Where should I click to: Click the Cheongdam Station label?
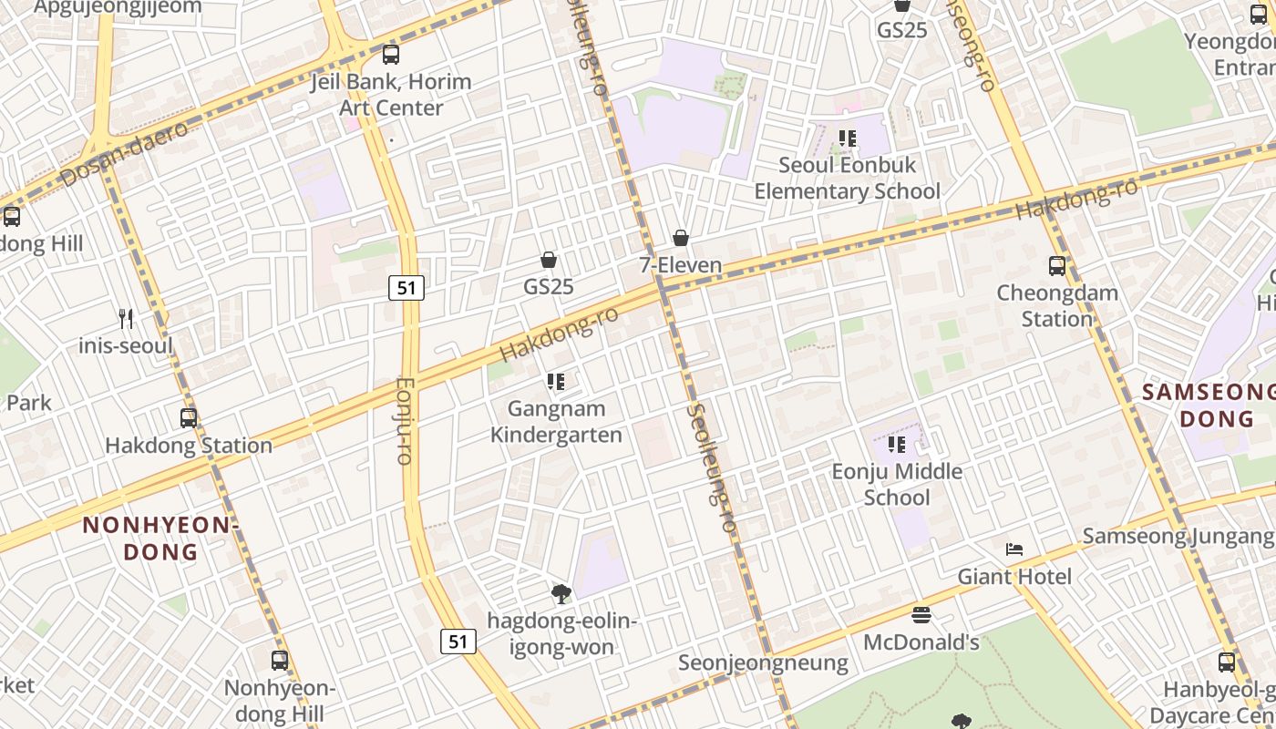[1056, 306]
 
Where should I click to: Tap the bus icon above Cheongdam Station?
[1057, 266]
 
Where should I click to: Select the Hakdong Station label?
[189, 446]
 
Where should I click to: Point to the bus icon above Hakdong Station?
[189, 418]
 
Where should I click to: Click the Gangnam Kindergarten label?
[556, 422]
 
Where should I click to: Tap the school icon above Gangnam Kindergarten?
[556, 381]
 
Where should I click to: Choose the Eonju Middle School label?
[897, 484]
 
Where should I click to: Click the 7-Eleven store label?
[680, 266]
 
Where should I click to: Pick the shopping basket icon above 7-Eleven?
[680, 239]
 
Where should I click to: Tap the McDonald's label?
[921, 642]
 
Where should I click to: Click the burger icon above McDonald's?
[921, 615]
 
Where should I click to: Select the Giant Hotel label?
[1014, 577]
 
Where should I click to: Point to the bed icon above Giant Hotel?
[1014, 549]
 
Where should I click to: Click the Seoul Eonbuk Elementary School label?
[847, 179]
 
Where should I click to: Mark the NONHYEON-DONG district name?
[160, 539]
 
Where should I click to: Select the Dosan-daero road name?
[125, 154]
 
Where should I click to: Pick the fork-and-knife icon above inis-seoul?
[127, 319]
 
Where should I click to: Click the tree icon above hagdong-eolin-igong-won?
[561, 594]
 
